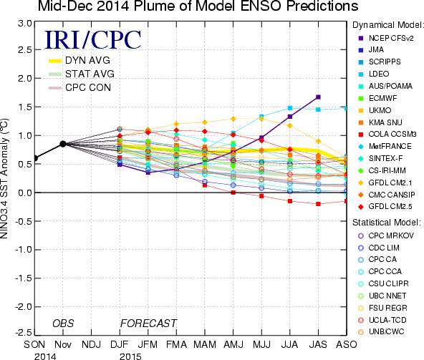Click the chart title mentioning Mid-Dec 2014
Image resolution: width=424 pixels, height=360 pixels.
tap(198, 6)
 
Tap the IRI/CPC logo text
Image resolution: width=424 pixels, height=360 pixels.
tap(93, 40)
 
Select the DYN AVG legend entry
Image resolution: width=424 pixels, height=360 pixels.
tap(79, 60)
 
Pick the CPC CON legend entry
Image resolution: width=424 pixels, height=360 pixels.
tap(79, 87)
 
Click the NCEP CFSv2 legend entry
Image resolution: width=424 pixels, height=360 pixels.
tap(386, 39)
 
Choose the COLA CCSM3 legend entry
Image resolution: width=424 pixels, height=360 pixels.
tap(387, 135)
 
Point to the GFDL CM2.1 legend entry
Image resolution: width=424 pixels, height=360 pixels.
tap(385, 183)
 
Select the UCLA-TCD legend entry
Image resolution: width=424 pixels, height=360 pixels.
tap(382, 320)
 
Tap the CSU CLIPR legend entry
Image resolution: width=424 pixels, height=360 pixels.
tap(383, 283)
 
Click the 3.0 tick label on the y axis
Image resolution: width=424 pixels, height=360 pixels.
tap(25, 24)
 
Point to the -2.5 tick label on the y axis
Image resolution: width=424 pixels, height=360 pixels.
tap(24, 332)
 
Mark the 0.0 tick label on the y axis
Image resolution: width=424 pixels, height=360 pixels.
tap(25, 193)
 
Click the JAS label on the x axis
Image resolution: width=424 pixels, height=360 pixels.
tap(318, 344)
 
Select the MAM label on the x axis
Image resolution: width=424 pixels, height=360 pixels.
tap(205, 344)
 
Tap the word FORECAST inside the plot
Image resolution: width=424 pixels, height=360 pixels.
tap(148, 323)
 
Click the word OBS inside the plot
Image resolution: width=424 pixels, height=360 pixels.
tap(63, 323)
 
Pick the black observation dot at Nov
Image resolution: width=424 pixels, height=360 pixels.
tap(63, 144)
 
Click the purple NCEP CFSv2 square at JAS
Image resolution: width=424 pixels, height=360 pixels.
tap(318, 97)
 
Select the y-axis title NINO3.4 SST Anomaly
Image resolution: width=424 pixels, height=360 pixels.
tap(4, 178)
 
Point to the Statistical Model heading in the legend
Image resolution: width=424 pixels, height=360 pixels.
tap(387, 223)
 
